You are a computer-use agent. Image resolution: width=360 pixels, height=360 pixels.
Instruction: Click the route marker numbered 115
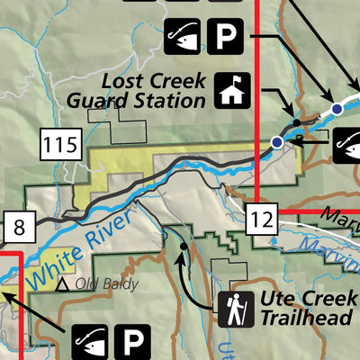(62, 141)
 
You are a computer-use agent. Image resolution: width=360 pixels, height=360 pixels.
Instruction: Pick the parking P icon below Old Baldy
(133, 342)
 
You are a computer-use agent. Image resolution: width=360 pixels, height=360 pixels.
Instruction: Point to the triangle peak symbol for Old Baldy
(64, 285)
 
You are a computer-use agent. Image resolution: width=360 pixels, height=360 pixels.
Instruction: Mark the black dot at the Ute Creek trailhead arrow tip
(183, 244)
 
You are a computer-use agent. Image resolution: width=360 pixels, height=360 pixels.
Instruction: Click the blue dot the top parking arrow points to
(336, 109)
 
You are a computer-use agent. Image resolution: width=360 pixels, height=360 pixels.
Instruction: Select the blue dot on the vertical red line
(277, 142)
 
